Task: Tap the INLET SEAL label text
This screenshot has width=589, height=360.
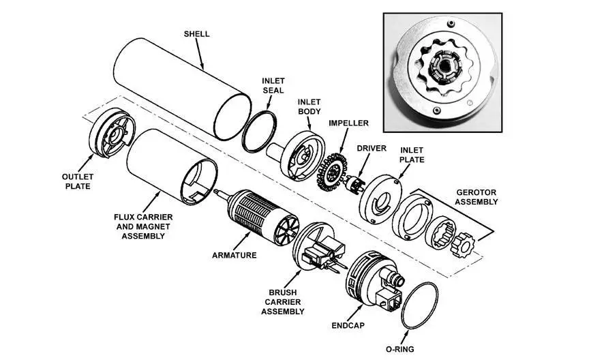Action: [x=273, y=85]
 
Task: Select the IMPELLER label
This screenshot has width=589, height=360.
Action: [x=348, y=123]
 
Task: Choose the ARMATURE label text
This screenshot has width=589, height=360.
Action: [x=234, y=256]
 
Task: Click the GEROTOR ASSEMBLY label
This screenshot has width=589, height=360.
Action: [x=477, y=196]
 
